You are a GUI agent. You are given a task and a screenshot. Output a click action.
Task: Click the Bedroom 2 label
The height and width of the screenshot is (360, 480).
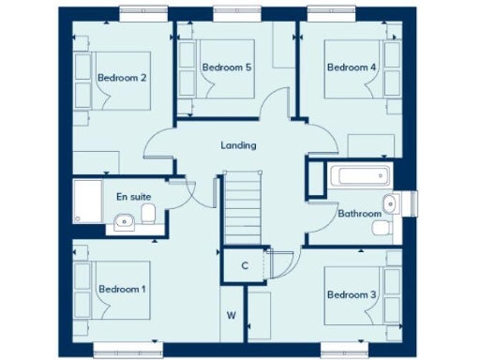tap(122, 78)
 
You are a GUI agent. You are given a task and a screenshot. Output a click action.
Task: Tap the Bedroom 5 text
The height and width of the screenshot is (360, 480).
tap(227, 67)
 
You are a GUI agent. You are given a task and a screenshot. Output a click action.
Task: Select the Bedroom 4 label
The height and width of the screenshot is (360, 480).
tap(352, 67)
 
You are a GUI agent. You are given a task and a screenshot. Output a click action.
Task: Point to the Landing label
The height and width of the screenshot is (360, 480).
tap(238, 145)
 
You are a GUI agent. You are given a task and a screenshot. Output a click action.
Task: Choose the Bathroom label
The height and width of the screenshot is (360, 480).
tap(360, 214)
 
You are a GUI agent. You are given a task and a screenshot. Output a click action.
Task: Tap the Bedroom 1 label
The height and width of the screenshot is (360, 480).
tap(122, 289)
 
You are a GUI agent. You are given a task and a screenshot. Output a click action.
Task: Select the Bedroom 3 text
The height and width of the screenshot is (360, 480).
tap(352, 294)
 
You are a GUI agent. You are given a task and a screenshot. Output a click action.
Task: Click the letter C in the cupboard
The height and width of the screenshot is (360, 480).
tap(244, 265)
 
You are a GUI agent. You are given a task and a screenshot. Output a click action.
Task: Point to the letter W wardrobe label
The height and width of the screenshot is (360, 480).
tap(231, 315)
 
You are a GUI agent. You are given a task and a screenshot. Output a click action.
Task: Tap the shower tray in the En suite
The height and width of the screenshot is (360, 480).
tap(90, 201)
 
